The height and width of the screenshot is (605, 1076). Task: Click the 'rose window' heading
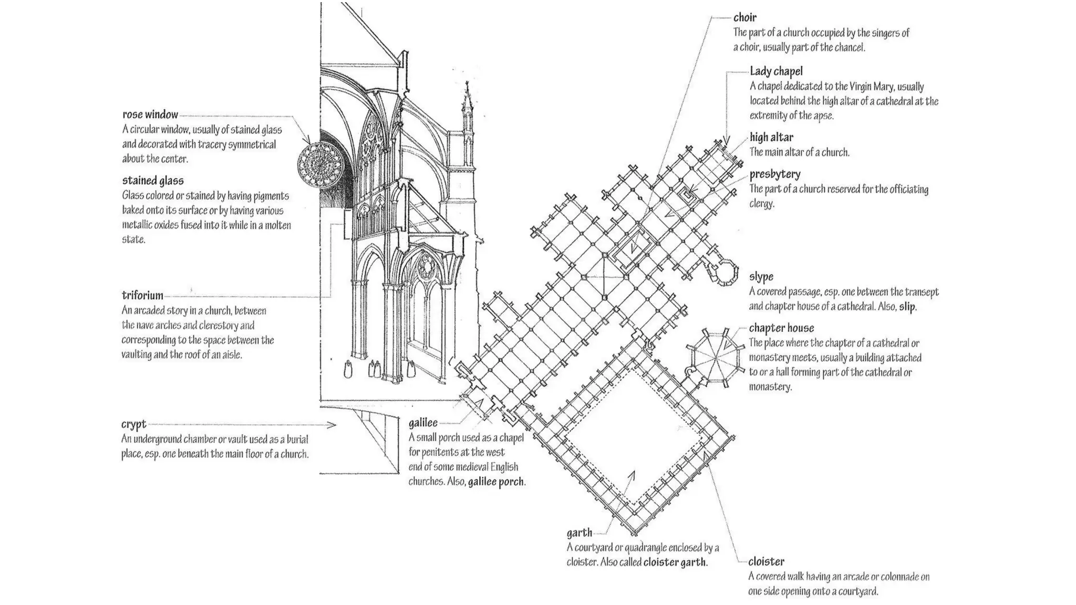pos(150,114)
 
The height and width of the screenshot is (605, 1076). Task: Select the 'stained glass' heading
pos(153,181)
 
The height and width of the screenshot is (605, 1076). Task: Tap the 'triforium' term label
pos(142,295)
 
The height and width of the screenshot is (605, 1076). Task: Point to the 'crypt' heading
pos(133,424)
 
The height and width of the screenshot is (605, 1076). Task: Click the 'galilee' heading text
pos(423,423)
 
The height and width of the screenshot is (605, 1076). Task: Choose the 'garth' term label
pos(579,533)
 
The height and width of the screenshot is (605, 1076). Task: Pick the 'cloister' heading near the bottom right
pos(766,562)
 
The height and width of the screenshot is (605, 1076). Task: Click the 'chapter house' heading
pos(781,328)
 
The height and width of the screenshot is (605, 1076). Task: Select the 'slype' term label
pos(761,277)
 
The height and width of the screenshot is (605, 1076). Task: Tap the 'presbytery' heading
pos(775,174)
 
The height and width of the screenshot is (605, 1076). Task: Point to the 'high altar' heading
pos(771,138)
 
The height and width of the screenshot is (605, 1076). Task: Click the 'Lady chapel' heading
pos(776,71)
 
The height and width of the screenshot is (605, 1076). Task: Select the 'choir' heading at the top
pos(745,18)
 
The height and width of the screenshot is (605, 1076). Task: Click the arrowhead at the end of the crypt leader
pos(332,425)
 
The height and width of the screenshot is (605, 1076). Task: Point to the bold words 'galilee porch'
pos(495,482)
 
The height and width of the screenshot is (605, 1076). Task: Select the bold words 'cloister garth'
pos(675,562)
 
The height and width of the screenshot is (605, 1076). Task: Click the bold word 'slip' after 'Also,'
pos(907,307)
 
